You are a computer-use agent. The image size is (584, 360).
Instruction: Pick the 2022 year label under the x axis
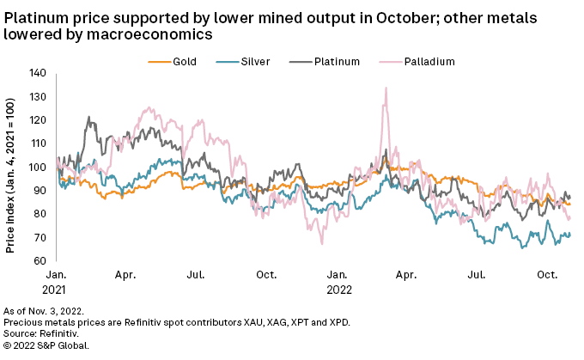tap(337, 290)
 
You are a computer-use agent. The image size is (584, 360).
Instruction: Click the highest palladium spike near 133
tap(386, 88)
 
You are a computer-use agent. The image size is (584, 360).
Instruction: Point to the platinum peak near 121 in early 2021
tap(88, 118)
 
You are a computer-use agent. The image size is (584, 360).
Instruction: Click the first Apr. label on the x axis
tap(126, 275)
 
